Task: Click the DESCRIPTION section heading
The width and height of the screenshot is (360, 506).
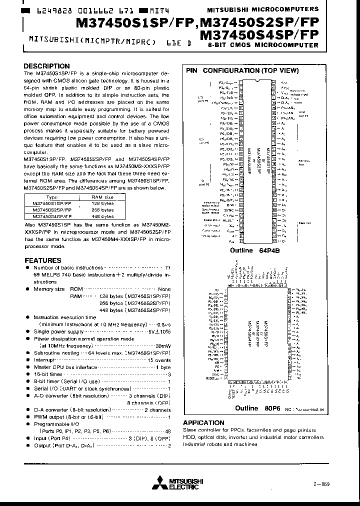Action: pos(47,66)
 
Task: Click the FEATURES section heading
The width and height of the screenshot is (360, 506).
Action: pos(43,260)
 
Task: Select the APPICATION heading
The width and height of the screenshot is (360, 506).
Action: pos(203,422)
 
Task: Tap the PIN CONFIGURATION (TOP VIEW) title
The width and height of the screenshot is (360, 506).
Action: pos(242,70)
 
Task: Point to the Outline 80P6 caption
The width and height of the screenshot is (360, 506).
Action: pos(254,408)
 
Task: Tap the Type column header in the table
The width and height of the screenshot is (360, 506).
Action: pos(52,197)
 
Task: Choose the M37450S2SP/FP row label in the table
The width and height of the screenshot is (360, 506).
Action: pos(52,209)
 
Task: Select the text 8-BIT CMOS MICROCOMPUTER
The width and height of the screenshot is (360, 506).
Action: pos(262,45)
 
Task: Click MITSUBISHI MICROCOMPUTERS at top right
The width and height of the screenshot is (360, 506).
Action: pos(262,9)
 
